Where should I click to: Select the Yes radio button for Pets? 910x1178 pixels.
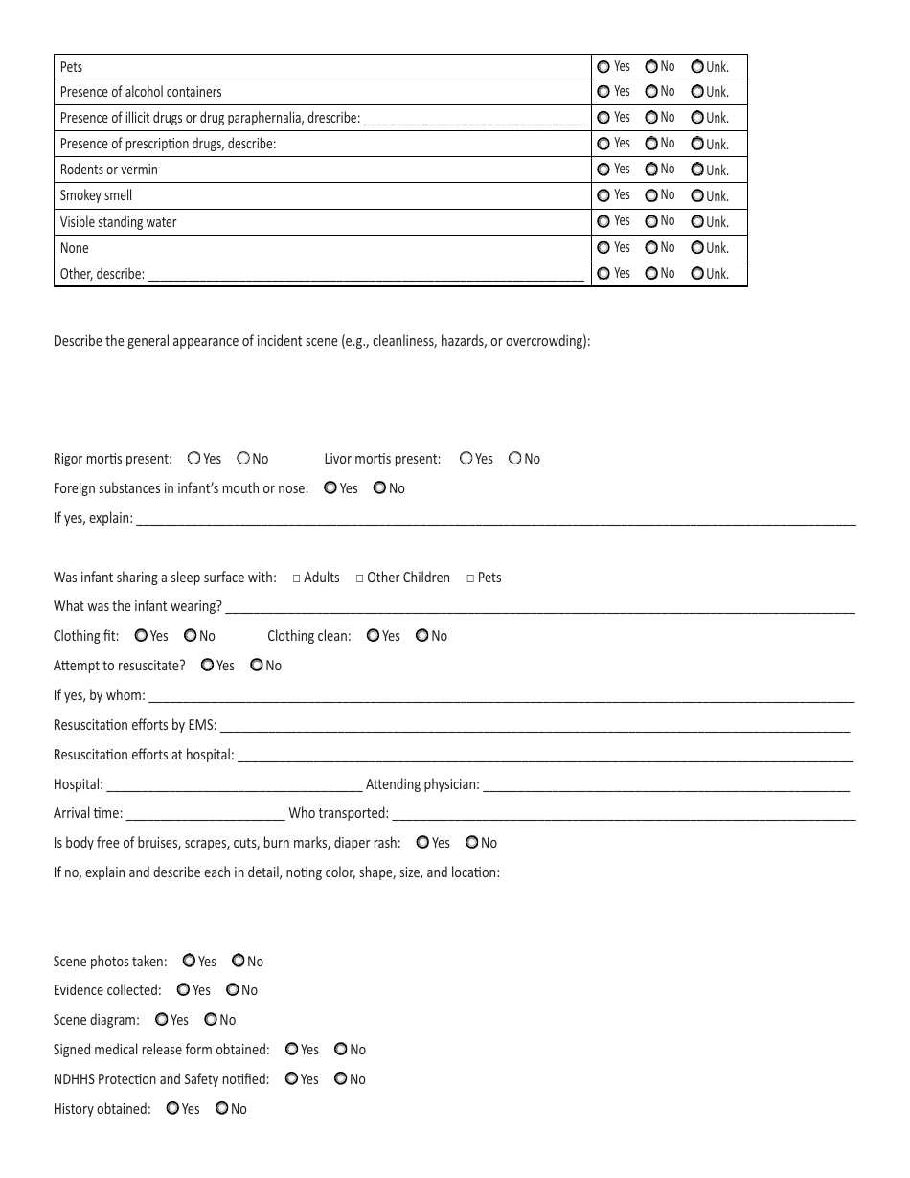coord(603,67)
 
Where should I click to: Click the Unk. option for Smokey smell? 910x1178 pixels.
coord(697,196)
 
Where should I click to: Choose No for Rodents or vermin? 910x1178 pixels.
coord(651,170)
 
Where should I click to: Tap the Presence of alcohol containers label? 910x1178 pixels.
coord(141,93)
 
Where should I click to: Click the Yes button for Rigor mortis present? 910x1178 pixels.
coord(194,459)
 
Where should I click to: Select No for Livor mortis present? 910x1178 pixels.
coord(515,459)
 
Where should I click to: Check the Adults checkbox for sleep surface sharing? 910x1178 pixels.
coord(297,578)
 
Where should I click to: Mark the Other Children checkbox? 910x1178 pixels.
coord(360,578)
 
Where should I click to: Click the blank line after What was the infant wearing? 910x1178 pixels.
coord(539,608)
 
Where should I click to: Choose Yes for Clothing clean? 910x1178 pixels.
coord(374,636)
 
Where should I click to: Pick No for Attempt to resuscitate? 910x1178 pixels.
coord(257,666)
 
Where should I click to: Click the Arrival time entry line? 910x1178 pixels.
coord(205,815)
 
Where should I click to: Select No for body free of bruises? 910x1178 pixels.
coord(472,843)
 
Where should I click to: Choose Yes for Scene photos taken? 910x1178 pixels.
coord(190,962)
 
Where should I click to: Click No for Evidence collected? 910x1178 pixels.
coord(233,990)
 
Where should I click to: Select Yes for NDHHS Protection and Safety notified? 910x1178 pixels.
coord(292,1079)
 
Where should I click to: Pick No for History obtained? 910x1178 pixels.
coord(222,1109)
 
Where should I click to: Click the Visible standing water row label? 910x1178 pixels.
coord(119,222)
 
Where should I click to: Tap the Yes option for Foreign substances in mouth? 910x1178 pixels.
coord(330,488)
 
